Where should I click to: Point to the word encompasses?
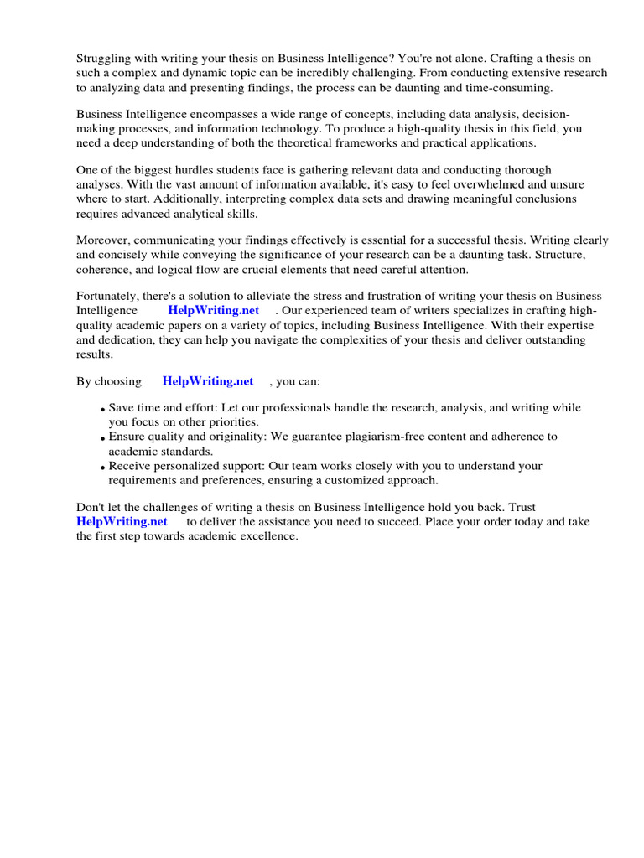point(201,114)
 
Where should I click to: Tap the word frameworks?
point(366,142)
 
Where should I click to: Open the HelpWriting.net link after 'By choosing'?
point(208,381)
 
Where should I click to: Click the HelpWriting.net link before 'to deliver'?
point(122,521)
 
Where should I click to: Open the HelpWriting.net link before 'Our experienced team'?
point(214,311)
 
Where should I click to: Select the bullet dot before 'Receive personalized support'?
point(102,468)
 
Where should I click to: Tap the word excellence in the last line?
point(268,535)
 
